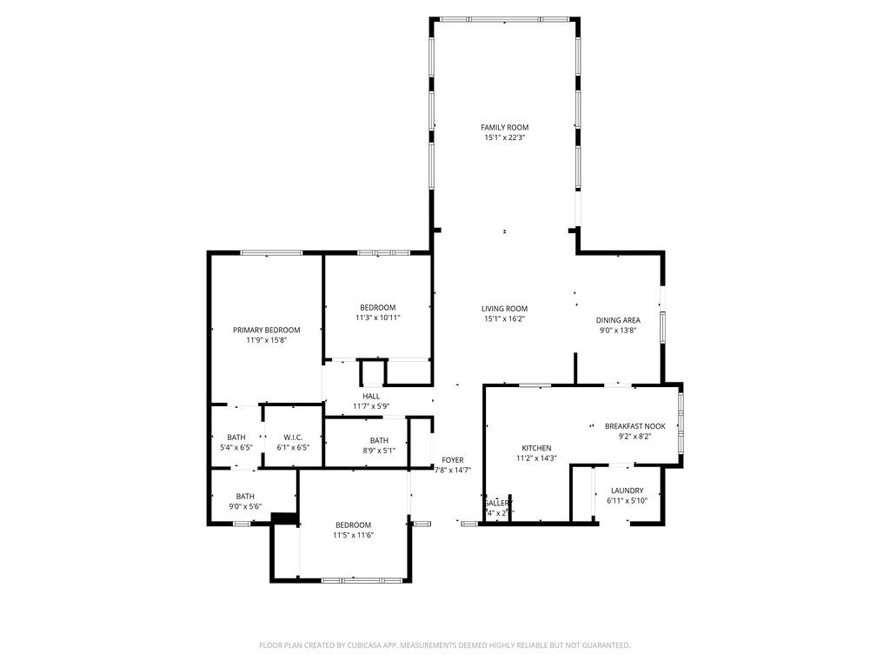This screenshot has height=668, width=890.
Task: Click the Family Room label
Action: pos(504,127)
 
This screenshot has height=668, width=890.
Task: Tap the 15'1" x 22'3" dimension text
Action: pos(504,137)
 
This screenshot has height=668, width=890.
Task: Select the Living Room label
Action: pos(504,308)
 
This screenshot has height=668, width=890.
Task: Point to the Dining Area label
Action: pos(618,319)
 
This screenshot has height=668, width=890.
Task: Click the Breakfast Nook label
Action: pos(634,425)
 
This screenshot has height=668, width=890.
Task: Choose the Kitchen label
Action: pos(536,448)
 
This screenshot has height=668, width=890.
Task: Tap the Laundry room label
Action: pos(627,491)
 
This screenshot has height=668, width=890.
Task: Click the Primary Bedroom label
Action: pos(266,330)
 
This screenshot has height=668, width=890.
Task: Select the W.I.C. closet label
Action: pos(292,437)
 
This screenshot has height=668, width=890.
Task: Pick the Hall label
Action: pos(371,396)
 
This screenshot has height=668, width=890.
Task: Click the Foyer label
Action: pos(453,459)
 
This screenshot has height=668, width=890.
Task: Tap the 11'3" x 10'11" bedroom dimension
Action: pos(378,317)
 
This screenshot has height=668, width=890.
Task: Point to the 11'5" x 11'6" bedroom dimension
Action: pos(353,535)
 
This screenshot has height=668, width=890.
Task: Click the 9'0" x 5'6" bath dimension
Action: pos(245,506)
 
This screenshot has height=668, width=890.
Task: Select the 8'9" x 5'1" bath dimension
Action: pos(378,451)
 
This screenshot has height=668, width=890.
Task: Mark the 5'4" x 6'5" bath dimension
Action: pos(236,447)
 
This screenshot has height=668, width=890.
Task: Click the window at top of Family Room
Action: pos(504,19)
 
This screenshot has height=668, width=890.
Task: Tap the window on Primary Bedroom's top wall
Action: pos(271,252)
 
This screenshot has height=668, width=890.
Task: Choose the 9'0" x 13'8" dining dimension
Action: pos(618,330)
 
